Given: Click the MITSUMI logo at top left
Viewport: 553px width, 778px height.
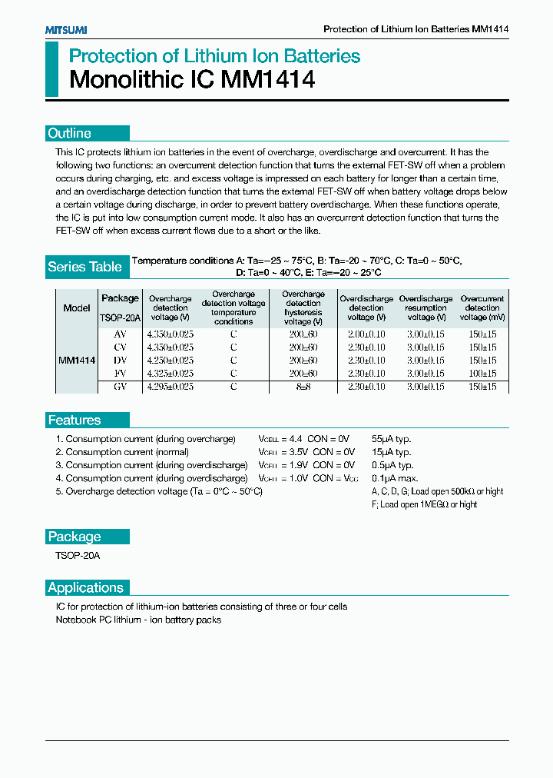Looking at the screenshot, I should pos(65,29).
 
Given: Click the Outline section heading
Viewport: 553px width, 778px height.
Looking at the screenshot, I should pos(69,133).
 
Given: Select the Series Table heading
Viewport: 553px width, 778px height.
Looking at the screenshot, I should pos(84,267).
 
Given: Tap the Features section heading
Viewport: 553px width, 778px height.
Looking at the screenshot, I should pos(74,420).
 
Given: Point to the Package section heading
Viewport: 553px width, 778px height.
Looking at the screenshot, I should pos(74,537).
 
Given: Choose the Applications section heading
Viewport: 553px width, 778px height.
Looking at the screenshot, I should pos(85,587).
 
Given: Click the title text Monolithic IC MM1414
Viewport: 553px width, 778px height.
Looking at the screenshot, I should pos(192,80).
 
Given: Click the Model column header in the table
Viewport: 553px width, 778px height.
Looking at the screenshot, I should pos(77,308).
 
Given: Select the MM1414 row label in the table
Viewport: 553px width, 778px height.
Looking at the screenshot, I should pos(77,360).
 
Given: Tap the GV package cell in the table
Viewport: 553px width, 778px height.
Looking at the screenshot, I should pos(120,387).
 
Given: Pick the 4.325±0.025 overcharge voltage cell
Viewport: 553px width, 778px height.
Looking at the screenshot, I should pos(170,373).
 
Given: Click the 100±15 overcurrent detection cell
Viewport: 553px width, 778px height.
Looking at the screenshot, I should pos(482,373).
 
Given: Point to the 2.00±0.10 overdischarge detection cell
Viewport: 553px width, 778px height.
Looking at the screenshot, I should pos(366,334).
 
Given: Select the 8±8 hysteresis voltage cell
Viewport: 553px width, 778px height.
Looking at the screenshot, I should pos(303,387).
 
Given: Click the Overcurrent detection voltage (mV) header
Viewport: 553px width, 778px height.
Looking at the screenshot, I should pos(482,308).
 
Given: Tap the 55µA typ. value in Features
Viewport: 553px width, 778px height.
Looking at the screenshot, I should pos(391,439).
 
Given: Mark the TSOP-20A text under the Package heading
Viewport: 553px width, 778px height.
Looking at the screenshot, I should pos(78,555).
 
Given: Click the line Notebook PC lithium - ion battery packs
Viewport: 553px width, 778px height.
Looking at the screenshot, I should pos(138,620).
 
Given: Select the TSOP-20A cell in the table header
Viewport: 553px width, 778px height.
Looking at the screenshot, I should pos(120,317).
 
